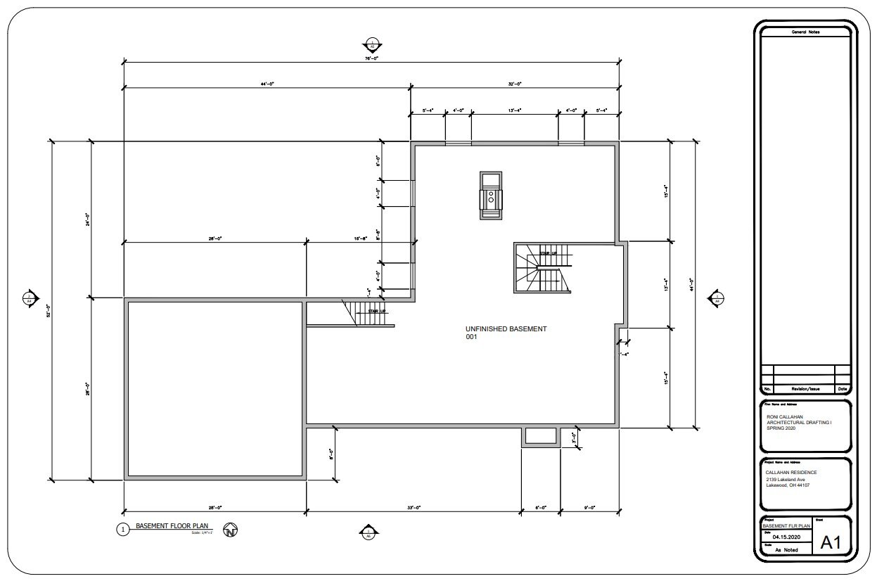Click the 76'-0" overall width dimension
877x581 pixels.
371,59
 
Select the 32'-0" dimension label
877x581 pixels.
514,84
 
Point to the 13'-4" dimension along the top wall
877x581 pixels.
514,110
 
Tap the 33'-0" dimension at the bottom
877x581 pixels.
414,507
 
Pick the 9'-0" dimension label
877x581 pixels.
589,507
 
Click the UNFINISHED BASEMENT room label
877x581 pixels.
506,328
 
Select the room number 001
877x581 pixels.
471,337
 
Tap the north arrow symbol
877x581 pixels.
229,531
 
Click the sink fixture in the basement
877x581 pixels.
490,196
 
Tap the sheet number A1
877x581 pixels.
832,543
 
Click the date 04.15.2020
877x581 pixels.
787,535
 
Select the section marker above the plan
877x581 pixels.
371,41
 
